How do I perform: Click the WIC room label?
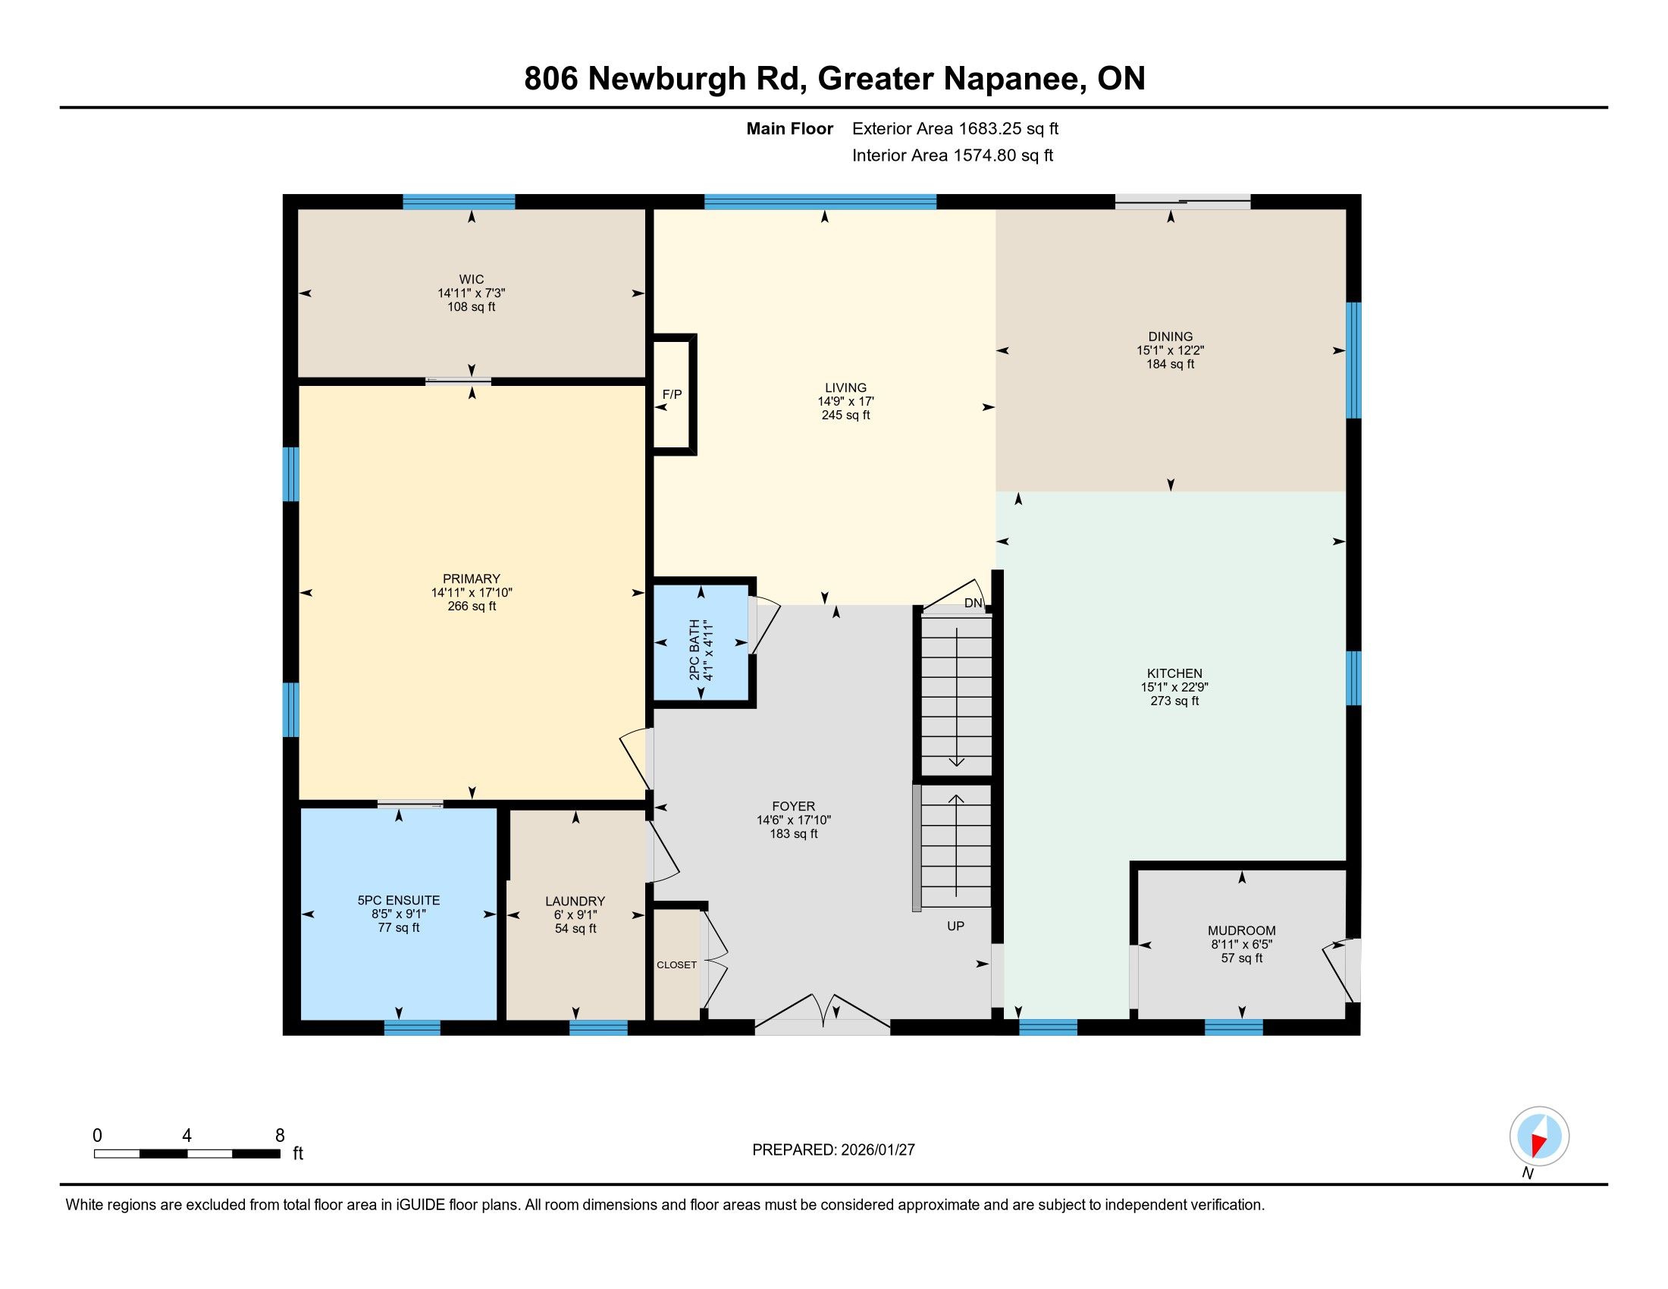[472, 280]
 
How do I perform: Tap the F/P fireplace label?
[672, 395]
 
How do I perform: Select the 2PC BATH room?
[701, 641]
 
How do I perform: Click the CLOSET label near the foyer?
[676, 964]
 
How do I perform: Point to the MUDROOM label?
[1242, 931]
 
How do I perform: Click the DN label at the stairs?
[973, 604]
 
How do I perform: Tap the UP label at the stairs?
[955, 926]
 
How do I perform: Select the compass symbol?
[1539, 1137]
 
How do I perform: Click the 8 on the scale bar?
[281, 1135]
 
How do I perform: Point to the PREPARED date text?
[833, 1150]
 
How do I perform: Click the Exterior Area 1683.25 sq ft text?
[955, 129]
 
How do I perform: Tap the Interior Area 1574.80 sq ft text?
[952, 155]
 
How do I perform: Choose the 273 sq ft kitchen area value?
[1174, 701]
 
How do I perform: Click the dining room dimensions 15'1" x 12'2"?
[1171, 350]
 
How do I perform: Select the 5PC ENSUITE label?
[399, 900]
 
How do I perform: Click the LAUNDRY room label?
[575, 901]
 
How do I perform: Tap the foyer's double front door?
[823, 1015]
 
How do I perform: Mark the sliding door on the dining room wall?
[1182, 202]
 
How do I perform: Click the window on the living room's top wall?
[820, 202]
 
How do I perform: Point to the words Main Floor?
[790, 129]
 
